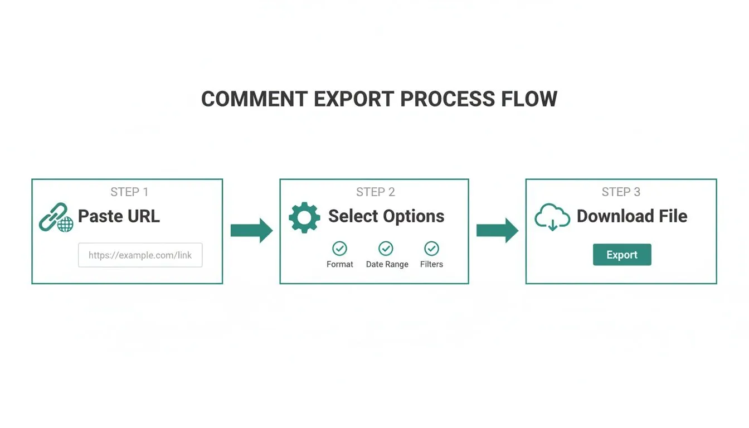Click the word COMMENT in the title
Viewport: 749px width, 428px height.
[x=254, y=99]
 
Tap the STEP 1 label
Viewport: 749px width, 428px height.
[x=129, y=192]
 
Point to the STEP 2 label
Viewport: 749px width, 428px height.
[x=376, y=192]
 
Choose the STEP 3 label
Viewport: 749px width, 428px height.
[x=621, y=192]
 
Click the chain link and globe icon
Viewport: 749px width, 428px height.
[x=56, y=217]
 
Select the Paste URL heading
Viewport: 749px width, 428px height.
[x=119, y=216]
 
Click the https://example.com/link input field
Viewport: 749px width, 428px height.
[x=140, y=255]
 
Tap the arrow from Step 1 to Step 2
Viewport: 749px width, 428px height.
[x=251, y=230]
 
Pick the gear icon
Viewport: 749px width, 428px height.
[x=304, y=217]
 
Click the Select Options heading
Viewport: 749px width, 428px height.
[x=386, y=216]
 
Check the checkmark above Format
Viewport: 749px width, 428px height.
[x=339, y=249]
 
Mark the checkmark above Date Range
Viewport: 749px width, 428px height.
[x=386, y=249]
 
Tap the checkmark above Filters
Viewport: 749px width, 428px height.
[x=431, y=249]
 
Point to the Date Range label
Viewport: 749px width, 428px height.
[x=387, y=264]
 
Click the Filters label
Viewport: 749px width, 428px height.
[x=431, y=264]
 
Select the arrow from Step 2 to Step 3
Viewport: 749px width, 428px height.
[x=497, y=230]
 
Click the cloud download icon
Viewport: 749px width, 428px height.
[x=552, y=217]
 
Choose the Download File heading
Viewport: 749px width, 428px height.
[x=632, y=216]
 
